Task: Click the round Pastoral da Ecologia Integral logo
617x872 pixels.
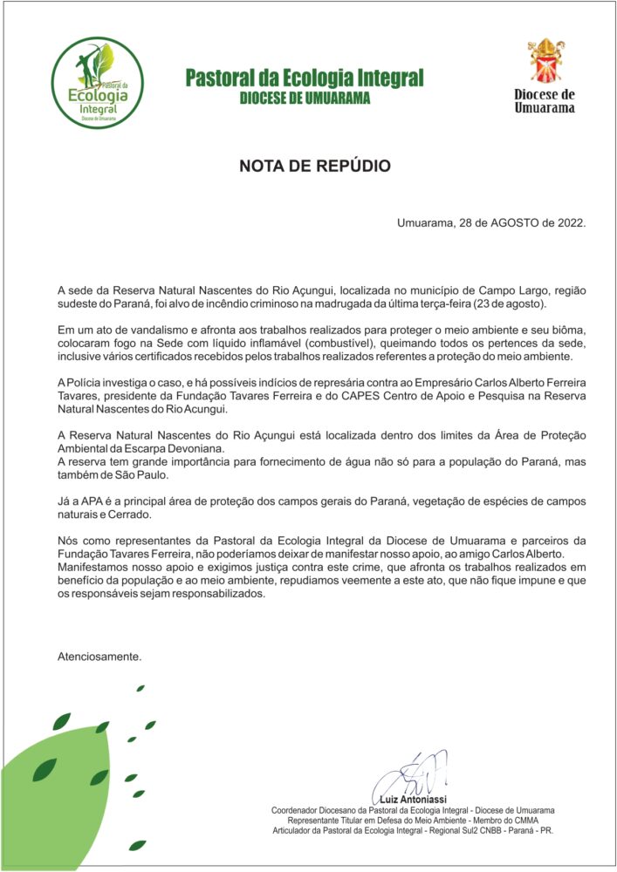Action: (95, 84)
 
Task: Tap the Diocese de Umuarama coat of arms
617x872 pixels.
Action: (545, 60)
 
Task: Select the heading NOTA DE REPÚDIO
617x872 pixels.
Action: (315, 166)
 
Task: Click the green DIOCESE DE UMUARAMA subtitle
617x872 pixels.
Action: (305, 99)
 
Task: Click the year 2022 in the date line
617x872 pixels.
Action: (568, 222)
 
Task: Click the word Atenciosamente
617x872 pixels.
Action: (99, 655)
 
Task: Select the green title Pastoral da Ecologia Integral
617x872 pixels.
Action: (305, 78)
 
